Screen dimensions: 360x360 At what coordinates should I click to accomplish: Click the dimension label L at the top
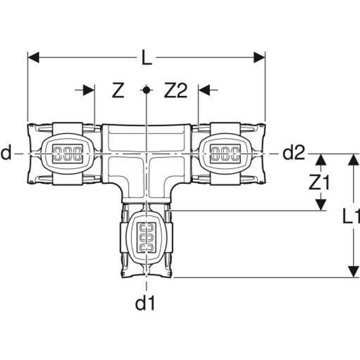coord(146,57)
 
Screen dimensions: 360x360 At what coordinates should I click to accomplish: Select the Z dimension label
coord(117,91)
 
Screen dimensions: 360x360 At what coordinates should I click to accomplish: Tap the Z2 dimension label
coord(175,91)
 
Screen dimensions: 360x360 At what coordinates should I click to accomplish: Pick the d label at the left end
coord(6,152)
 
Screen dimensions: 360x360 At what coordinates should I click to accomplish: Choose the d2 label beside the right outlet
coord(293,152)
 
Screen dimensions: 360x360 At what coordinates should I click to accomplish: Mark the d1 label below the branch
coord(145,304)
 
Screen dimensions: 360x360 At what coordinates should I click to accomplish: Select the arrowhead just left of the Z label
coord(89,90)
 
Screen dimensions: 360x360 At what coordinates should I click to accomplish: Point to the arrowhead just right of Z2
coord(204,90)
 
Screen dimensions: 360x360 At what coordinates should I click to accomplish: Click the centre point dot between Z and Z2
coord(146,90)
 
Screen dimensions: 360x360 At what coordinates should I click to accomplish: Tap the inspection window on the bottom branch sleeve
coord(146,236)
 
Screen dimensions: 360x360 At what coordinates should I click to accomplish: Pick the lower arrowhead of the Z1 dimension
coord(320,205)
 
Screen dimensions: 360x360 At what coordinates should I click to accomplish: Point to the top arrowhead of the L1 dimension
coord(353,159)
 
